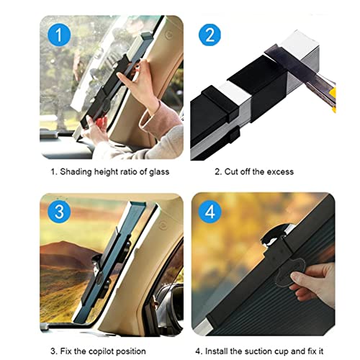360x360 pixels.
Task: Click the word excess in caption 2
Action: click(x=277, y=172)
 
